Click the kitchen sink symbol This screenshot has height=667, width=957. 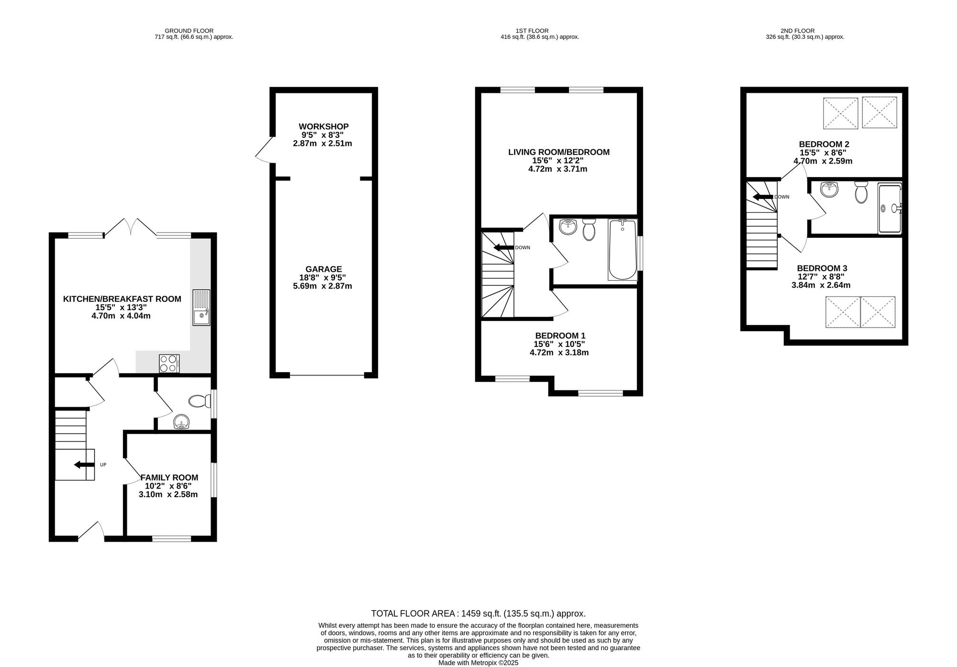coord(201,308)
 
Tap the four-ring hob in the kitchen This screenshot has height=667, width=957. coord(169,363)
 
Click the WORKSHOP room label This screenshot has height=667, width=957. coord(323,126)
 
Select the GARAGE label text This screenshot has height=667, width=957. coord(323,269)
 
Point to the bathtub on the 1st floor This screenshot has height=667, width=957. coord(622,249)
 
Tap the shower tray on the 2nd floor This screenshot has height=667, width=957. coord(890,208)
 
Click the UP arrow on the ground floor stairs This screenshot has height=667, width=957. coord(84,465)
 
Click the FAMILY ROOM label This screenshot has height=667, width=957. coord(169,478)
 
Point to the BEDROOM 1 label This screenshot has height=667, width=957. coord(560,335)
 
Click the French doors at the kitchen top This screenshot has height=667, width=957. coord(130,227)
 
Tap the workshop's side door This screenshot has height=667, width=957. coord(264,150)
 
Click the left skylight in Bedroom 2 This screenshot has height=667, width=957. coord(840,113)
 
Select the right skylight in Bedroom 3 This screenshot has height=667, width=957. coord(878,312)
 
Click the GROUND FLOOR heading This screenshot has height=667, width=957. coord(189,31)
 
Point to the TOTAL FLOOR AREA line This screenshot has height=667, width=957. coord(478,613)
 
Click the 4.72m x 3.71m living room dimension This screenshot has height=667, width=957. coord(557,169)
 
